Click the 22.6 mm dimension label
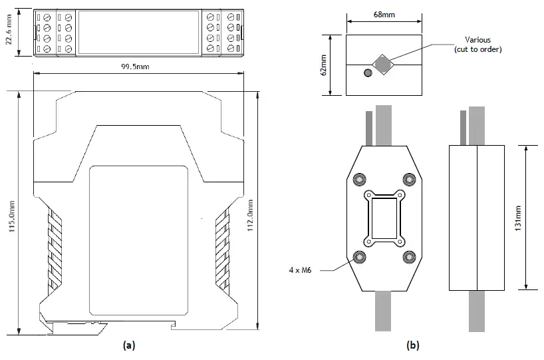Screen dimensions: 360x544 point(9,31)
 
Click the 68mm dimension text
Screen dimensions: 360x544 point(383,13)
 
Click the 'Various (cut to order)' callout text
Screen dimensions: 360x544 point(477,45)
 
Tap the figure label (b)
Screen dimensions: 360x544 point(413,345)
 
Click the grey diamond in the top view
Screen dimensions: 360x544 point(382,64)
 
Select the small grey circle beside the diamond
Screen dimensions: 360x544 point(366,73)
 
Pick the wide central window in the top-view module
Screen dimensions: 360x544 point(138,31)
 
